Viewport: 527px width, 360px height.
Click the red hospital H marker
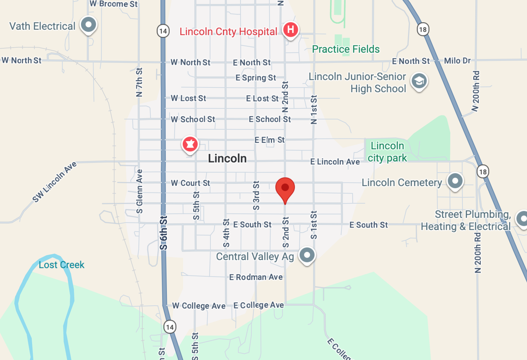coord(290,30)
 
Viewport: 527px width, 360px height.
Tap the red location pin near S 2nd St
coord(285,188)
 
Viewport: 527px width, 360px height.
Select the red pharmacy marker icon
coord(190,145)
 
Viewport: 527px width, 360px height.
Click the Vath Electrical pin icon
coord(89,25)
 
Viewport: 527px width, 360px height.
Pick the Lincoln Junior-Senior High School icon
coord(419,81)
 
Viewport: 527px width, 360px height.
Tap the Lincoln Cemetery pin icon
coord(455,181)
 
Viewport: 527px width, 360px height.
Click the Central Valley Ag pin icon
coord(307,255)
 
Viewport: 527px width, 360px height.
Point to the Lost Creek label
coord(61,265)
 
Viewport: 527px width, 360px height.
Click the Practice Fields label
coord(346,49)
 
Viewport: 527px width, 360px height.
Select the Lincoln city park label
coord(387,152)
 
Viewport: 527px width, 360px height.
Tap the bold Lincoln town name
coord(227,158)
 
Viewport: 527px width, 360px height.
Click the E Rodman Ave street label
coord(256,277)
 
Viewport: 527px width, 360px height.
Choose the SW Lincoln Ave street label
coord(54,182)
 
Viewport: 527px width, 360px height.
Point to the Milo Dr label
coord(457,61)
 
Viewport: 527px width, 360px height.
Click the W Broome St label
coord(114,4)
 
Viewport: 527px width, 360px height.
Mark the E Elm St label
coord(270,140)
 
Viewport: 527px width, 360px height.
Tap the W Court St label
coord(190,183)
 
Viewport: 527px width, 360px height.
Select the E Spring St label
coord(256,78)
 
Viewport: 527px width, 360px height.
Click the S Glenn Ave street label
coord(139,191)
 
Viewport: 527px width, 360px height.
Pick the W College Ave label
coord(199,306)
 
